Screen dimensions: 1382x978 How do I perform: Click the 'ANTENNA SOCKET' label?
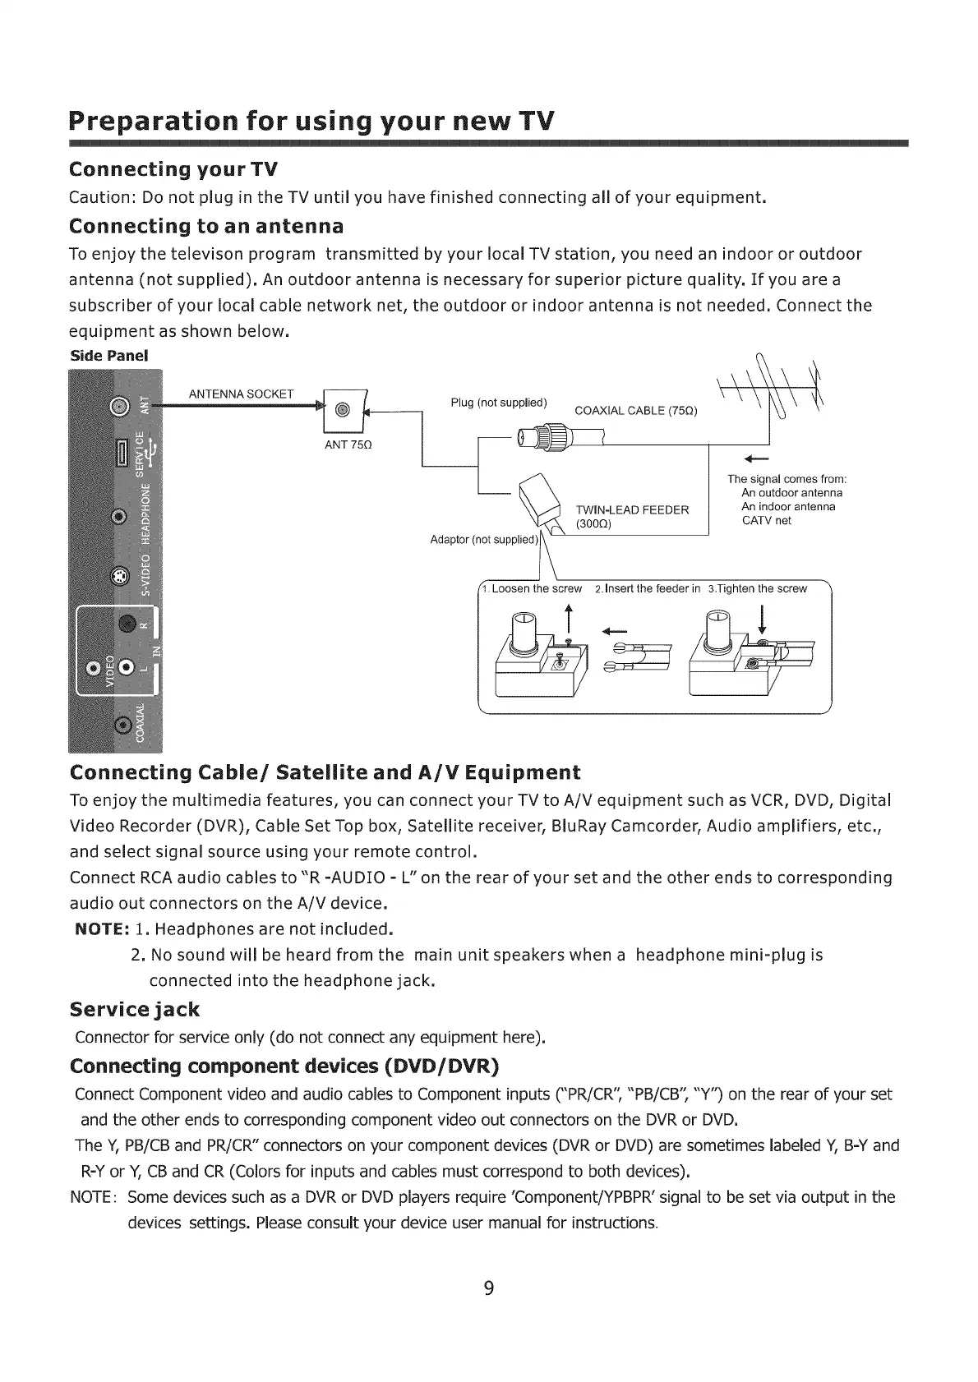tap(241, 394)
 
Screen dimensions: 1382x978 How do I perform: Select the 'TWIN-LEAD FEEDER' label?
tap(631, 509)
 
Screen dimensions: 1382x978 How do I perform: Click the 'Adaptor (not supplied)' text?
tap(483, 540)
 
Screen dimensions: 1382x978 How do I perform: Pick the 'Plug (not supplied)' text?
tap(499, 403)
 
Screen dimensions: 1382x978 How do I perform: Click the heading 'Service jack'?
tap(135, 1009)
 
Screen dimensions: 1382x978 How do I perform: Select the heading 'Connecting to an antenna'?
tap(206, 226)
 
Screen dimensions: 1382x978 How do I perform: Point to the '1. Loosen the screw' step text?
tap(532, 588)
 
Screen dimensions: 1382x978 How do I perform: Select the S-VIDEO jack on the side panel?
tap(120, 574)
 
